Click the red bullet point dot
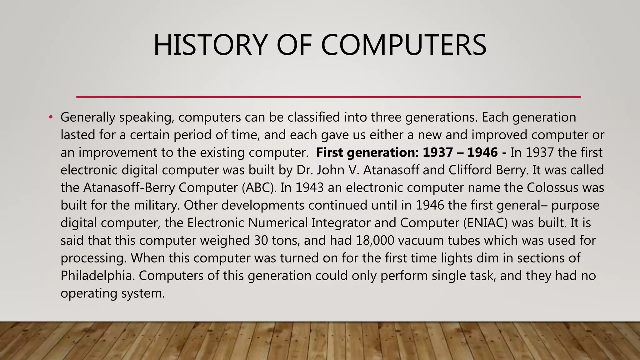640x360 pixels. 51,117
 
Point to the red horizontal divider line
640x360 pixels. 328,97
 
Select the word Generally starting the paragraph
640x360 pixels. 88,117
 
